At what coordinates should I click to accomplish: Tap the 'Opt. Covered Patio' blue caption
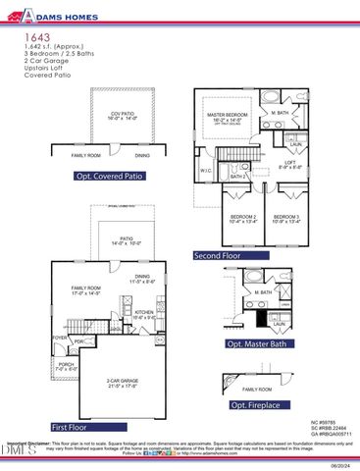pos(108,177)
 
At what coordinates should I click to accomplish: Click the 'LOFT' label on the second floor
pos(290,163)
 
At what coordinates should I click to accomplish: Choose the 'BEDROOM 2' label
pos(243,216)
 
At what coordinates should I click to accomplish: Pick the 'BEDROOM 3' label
pos(286,216)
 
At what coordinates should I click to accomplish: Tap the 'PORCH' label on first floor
pos(67,363)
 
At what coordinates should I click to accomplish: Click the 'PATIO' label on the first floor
pos(127,237)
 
